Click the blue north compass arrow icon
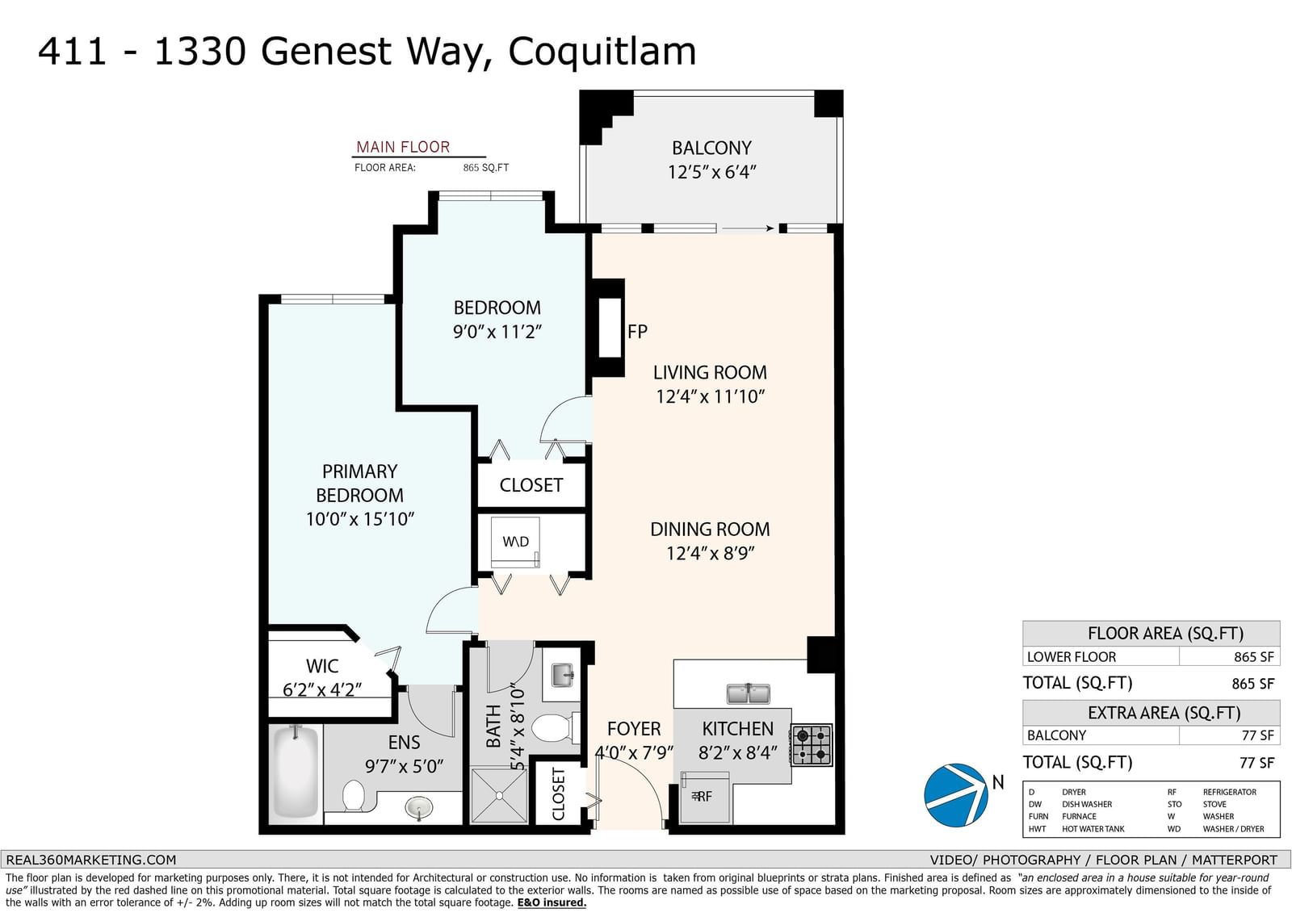tap(956, 795)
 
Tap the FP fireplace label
tap(637, 332)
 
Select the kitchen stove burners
tap(812, 745)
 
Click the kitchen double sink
tap(748, 693)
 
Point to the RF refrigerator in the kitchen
tap(704, 798)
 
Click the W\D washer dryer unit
tap(515, 542)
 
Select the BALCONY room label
tap(711, 149)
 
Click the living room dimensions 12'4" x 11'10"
tap(710, 397)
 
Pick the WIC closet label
tap(322, 666)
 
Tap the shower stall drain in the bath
tap(500, 796)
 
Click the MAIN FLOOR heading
tap(403, 147)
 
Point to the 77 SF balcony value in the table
tap(1257, 735)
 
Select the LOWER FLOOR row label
tap(1071, 657)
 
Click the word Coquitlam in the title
tap(602, 52)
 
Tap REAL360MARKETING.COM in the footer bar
tap(90, 860)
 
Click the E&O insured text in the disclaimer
tap(552, 903)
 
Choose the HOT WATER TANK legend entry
tap(1093, 829)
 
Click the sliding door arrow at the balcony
tap(748, 228)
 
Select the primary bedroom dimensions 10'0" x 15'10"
tap(360, 519)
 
